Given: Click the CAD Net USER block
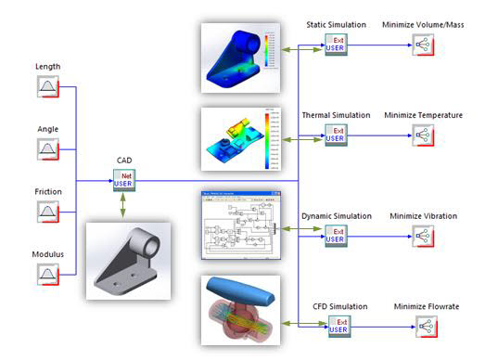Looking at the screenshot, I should [124, 180].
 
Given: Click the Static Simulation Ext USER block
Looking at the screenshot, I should [336, 45].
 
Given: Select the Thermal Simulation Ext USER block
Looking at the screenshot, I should [336, 136].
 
